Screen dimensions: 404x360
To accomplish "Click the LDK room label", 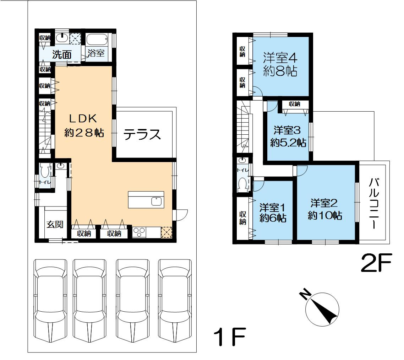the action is click(83, 119).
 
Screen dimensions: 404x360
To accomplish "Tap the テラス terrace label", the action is click(142, 135).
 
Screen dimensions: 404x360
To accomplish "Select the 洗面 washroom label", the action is click(62, 54).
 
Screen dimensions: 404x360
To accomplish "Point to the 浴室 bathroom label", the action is click(96, 53).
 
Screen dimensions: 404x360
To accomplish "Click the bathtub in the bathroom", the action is click(97, 40).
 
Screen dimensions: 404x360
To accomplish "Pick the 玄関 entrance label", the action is click(55, 224).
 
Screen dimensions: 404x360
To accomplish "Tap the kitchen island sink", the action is click(157, 201).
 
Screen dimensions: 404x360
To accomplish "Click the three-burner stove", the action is click(139, 232).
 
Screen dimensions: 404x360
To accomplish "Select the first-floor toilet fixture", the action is click(45, 171).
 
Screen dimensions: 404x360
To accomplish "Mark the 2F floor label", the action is click(376, 263).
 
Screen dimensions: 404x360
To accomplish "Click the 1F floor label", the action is click(230, 337).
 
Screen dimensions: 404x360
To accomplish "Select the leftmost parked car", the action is click(50, 301).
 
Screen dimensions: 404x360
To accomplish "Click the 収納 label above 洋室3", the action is click(295, 104).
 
